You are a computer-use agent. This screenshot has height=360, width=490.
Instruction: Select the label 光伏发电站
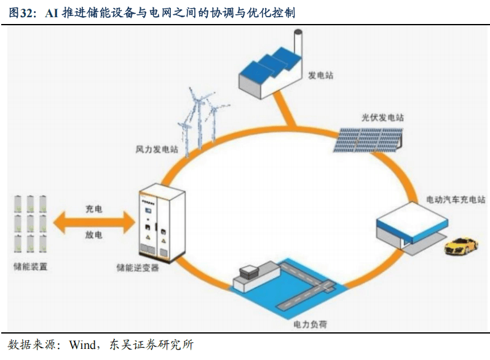pyautogui.click(x=382, y=118)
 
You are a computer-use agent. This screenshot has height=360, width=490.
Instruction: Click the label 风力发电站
pyautogui.click(x=157, y=150)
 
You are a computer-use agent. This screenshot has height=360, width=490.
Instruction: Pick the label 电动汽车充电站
pyautogui.click(x=456, y=199)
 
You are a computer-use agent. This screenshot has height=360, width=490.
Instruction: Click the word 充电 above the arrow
pyautogui.click(x=93, y=209)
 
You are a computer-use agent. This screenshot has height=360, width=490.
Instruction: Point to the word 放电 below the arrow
pyautogui.click(x=93, y=235)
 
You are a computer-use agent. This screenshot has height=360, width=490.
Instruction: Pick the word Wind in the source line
pyautogui.click(x=82, y=344)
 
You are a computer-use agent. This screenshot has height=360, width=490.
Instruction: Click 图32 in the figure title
pyautogui.click(x=22, y=13)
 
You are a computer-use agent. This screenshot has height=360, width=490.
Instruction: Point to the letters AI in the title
pyautogui.click(x=53, y=13)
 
